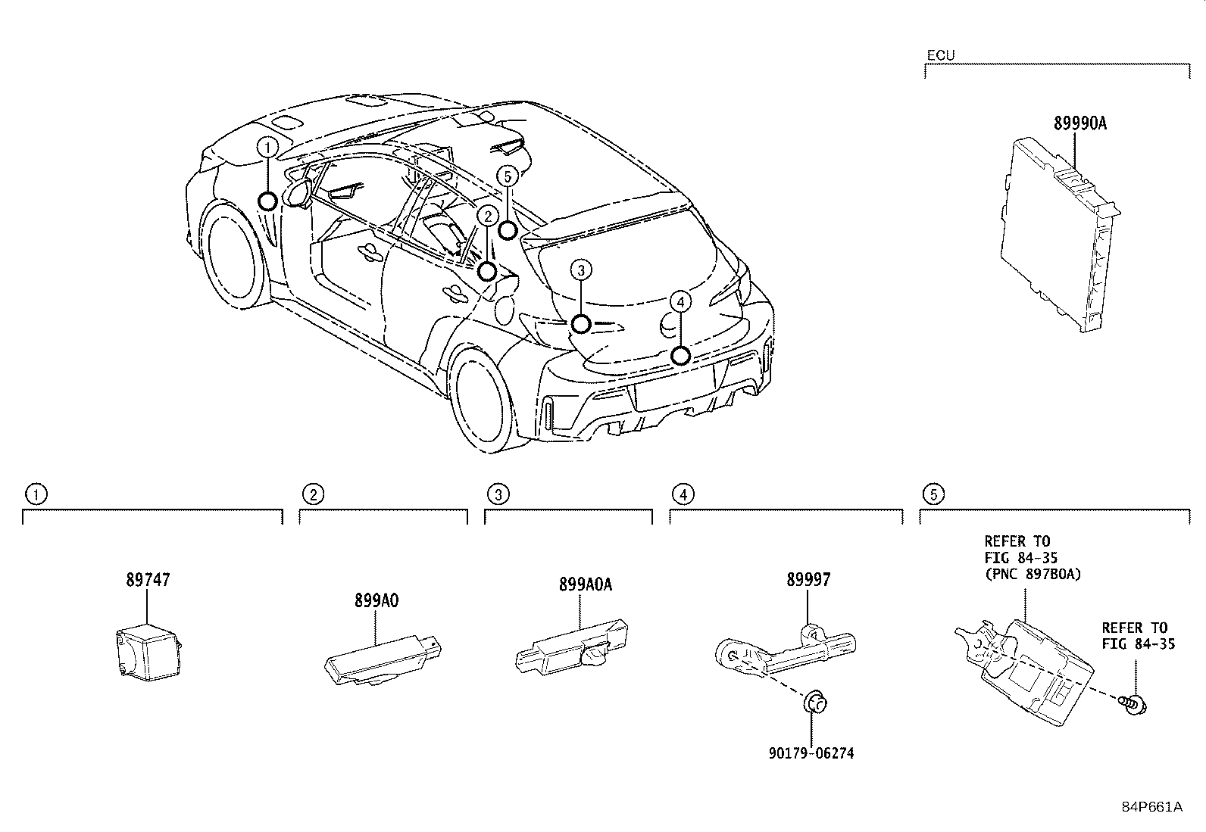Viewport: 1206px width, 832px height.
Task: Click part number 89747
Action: coord(148,580)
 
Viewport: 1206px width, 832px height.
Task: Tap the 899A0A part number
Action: coord(585,584)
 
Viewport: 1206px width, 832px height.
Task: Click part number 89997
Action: coord(808,580)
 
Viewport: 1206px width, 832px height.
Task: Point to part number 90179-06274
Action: coord(812,753)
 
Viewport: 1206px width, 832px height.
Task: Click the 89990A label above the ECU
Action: coord(1079,123)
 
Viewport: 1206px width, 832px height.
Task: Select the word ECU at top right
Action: coord(940,55)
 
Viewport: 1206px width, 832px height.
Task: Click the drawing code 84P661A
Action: coord(1151,806)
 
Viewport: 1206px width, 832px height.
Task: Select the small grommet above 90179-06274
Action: coord(813,703)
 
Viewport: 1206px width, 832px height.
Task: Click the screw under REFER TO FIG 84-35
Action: coord(1134,704)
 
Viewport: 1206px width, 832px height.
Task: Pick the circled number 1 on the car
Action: coord(267,147)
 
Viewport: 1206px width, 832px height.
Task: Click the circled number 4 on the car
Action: coord(681,302)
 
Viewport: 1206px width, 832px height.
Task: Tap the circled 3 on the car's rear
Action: coord(581,270)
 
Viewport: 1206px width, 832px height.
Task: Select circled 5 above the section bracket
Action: coord(933,495)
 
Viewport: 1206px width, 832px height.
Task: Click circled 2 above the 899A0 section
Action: coord(313,495)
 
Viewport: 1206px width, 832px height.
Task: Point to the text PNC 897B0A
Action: coord(1033,574)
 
